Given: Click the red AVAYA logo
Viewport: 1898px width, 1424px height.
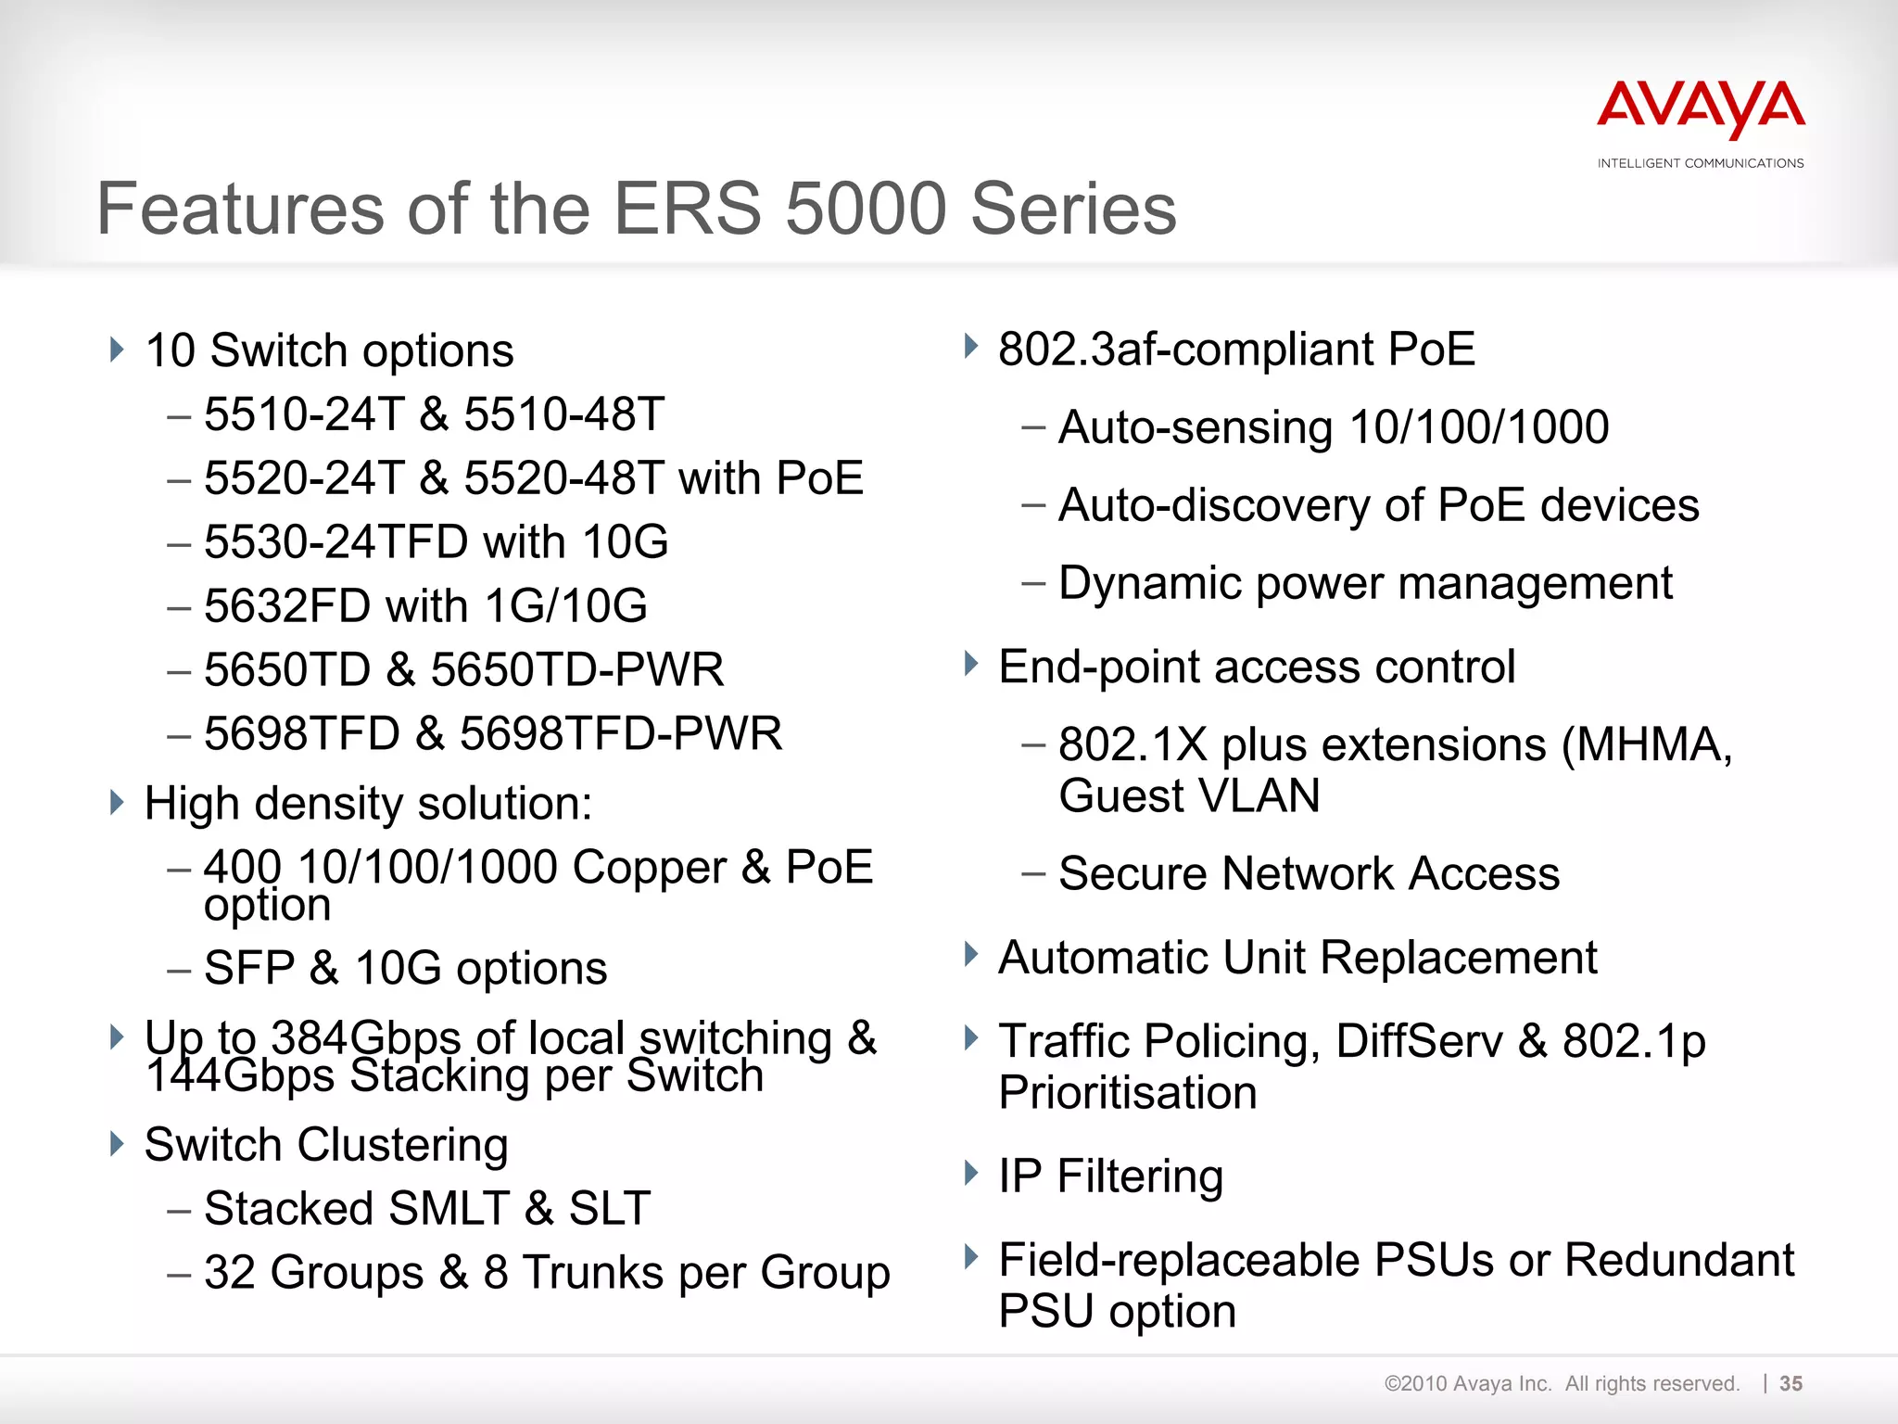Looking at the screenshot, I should pyautogui.click(x=1701, y=110).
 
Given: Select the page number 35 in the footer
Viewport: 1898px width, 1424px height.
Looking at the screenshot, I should pyautogui.click(x=1790, y=1383).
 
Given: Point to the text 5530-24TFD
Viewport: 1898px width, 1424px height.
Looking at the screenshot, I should pyautogui.click(x=336, y=542).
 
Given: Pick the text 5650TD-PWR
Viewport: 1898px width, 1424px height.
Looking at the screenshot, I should pyautogui.click(x=576, y=670).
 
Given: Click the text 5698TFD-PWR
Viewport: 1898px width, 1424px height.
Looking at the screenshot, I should pyautogui.click(x=621, y=734).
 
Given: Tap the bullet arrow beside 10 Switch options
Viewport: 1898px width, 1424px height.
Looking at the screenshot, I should pyautogui.click(x=117, y=350).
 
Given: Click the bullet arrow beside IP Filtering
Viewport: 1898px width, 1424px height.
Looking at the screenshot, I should pyautogui.click(x=970, y=1174).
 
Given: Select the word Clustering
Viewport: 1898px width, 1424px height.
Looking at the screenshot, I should pyautogui.click(x=402, y=1145).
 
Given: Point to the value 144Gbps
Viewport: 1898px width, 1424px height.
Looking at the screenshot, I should pyautogui.click(x=240, y=1077).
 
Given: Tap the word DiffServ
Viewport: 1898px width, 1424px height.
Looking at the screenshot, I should pyautogui.click(x=1419, y=1041).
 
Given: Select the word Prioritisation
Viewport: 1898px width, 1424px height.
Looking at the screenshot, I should pyautogui.click(x=1128, y=1093).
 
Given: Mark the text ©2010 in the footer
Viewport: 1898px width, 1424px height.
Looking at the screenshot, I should pyautogui.click(x=1415, y=1384).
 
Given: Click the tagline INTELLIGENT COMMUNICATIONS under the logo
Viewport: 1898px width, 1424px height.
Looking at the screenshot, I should pyautogui.click(x=1701, y=163).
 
